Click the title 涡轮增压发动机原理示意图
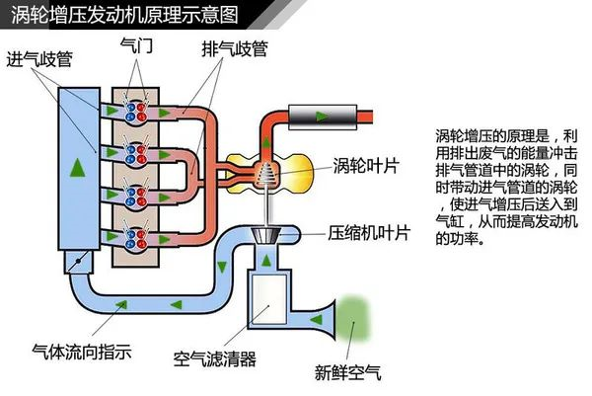[124, 15]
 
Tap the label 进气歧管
[39, 59]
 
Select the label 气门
[137, 45]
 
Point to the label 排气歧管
[235, 49]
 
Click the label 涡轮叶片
[366, 166]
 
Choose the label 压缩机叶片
[368, 233]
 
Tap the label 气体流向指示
[82, 352]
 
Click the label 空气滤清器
[214, 359]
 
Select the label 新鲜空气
[347, 372]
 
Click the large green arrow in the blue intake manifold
[77, 168]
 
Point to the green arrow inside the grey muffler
[322, 117]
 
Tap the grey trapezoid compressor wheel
[267, 235]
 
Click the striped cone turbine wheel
[267, 174]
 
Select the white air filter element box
[269, 299]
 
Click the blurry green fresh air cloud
[352, 319]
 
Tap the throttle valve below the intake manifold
[79, 261]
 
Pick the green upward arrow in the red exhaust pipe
[266, 142]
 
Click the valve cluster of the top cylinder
[136, 112]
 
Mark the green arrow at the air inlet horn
[317, 320]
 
